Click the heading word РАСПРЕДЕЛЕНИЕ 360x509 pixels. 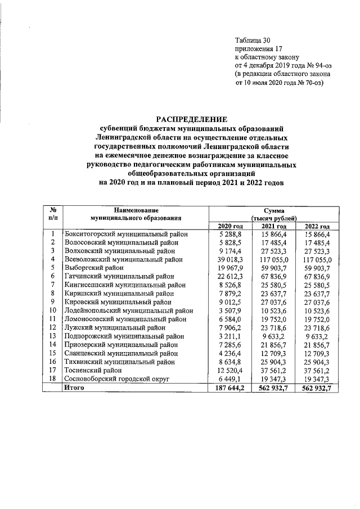(x=192, y=119)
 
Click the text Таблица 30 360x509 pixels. (x=253, y=40)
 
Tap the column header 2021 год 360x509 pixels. (x=274, y=226)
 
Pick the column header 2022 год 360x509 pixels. (x=317, y=226)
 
